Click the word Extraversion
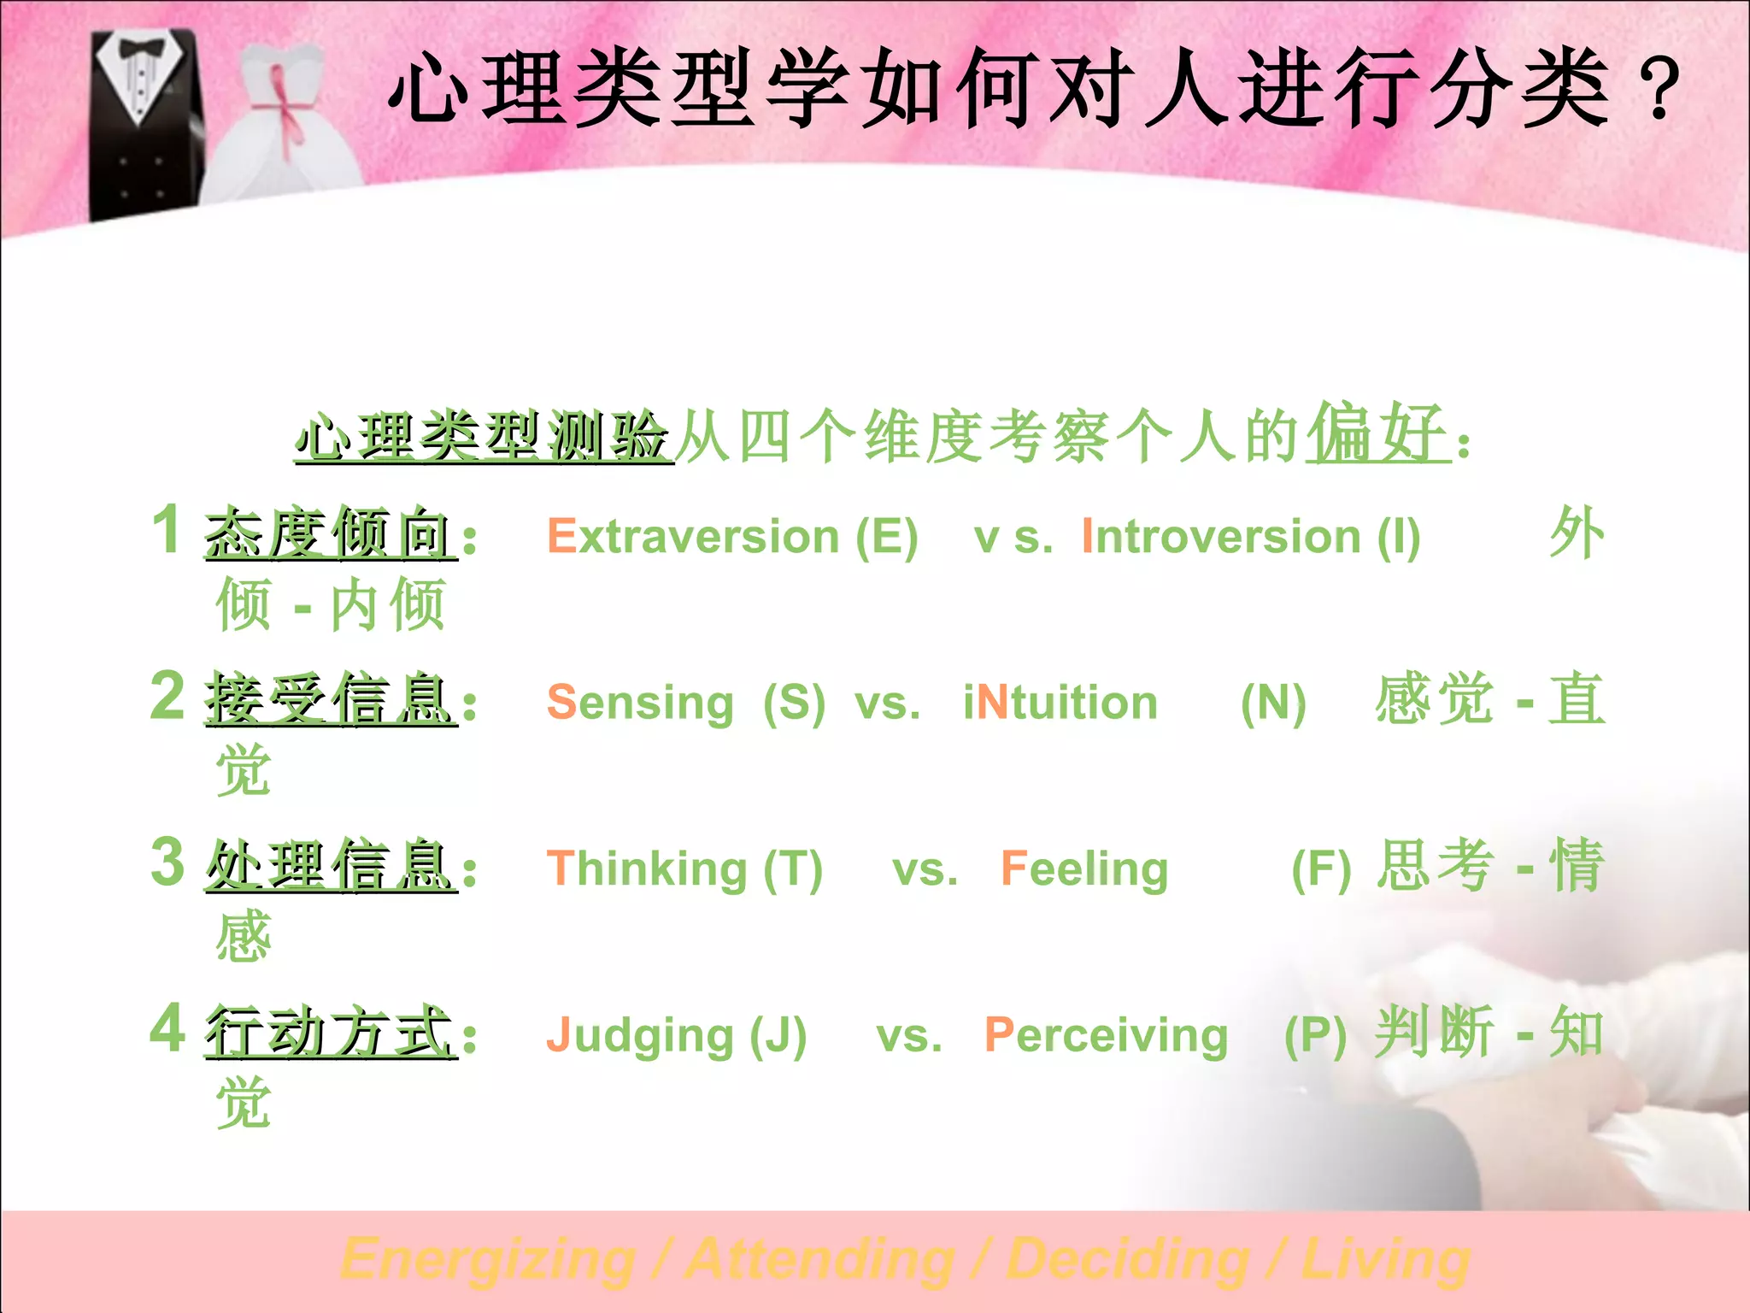tap(693, 537)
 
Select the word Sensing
tap(640, 703)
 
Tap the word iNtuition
tap(1060, 703)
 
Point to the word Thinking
tap(647, 868)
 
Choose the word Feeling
tap(1084, 868)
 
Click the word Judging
tap(640, 1036)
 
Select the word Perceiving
tap(1106, 1036)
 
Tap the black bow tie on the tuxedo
tap(141, 49)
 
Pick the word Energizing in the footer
tap(488, 1260)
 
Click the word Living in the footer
tap(1385, 1260)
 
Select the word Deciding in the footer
tap(1128, 1260)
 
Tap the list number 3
tap(167, 862)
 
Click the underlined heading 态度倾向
tap(329, 534)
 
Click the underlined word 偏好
tap(1377, 434)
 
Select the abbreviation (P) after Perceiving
tap(1315, 1036)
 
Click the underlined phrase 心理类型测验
tap(483, 437)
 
